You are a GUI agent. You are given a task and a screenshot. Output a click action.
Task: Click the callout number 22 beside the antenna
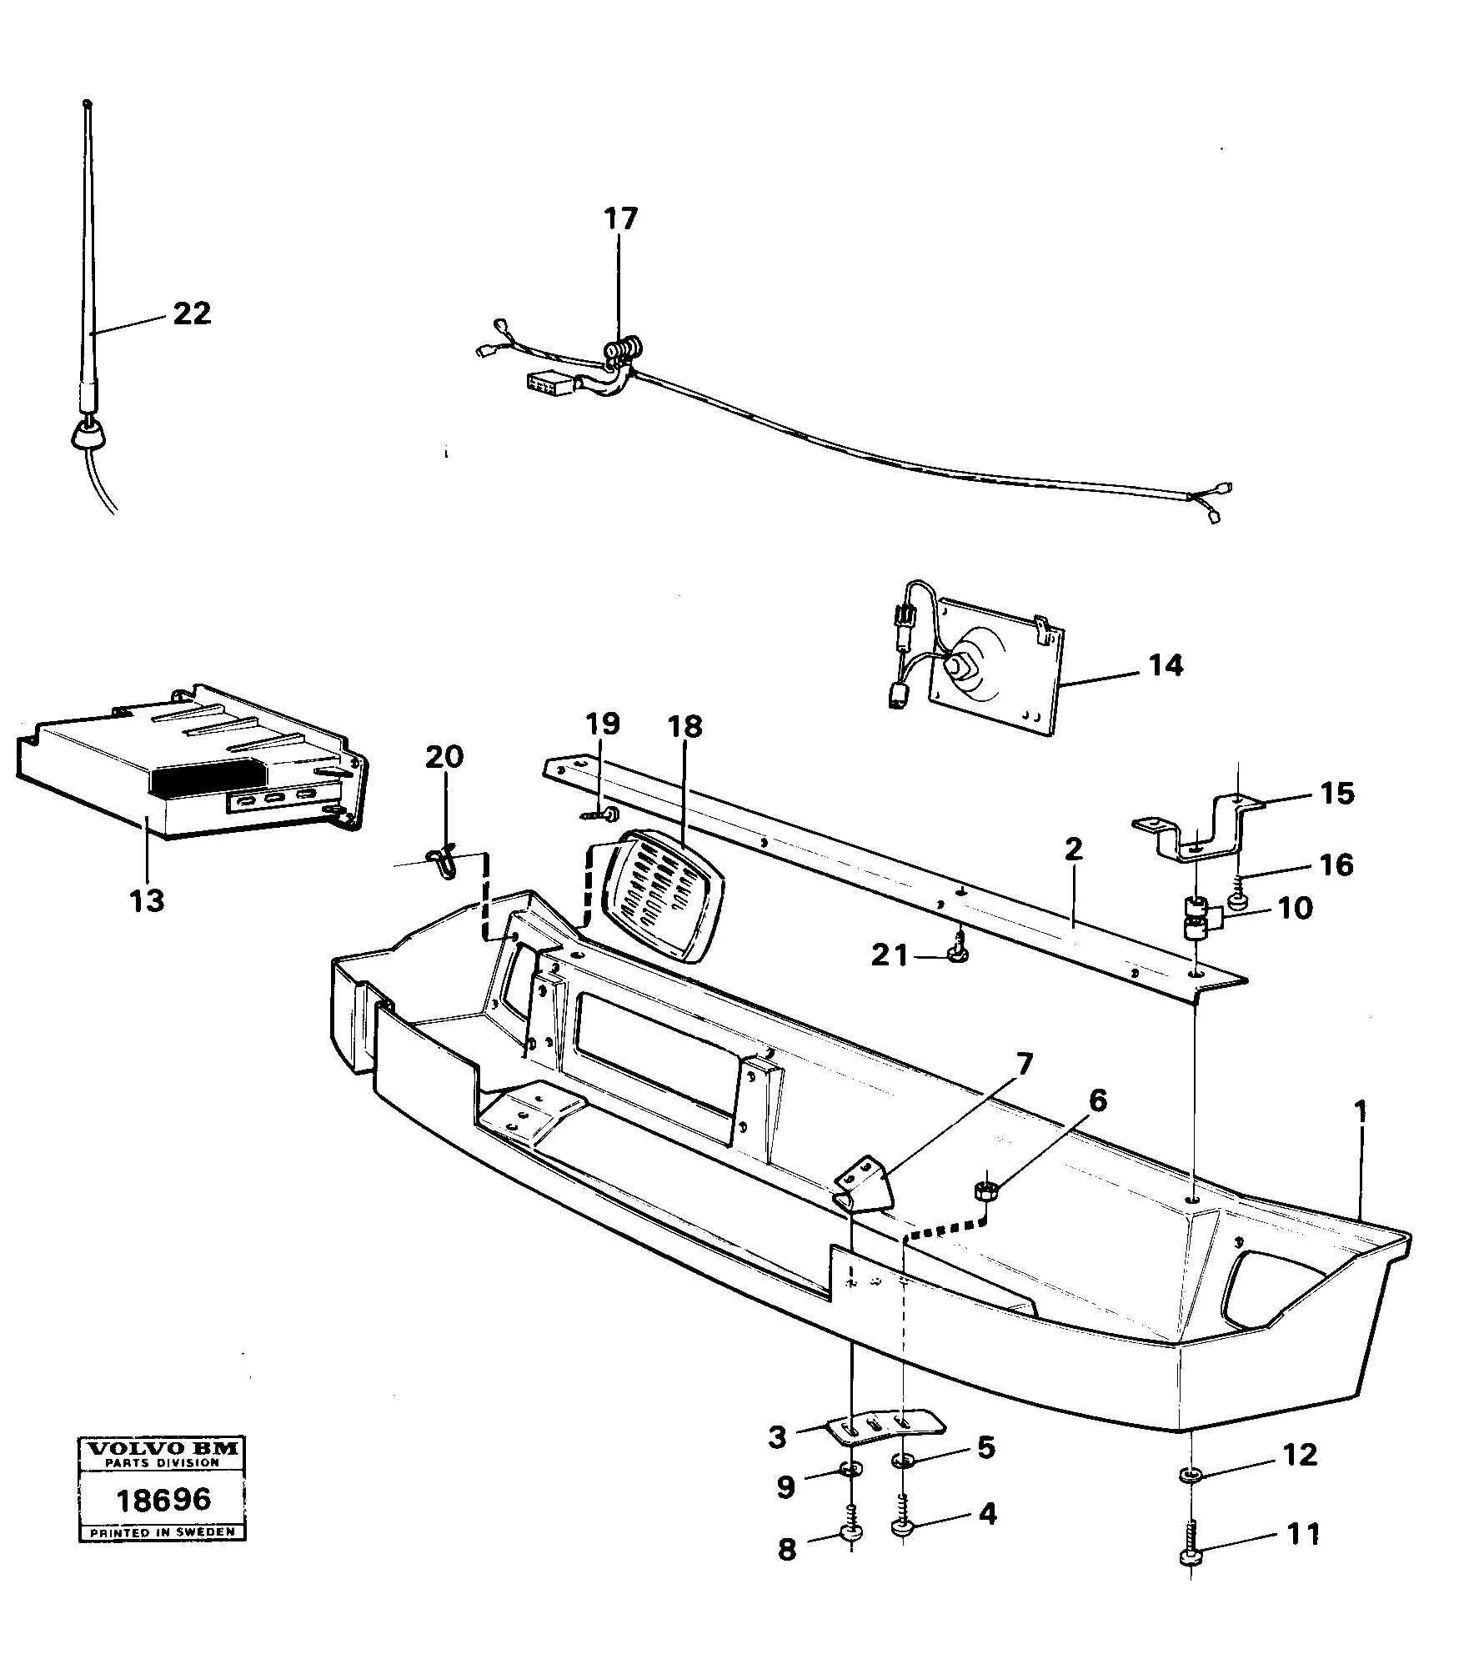192,313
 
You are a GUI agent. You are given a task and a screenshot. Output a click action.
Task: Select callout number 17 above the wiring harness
620,219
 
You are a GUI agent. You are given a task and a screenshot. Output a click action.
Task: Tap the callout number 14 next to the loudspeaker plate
1166,665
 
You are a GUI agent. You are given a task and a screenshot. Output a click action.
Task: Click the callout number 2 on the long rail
1073,850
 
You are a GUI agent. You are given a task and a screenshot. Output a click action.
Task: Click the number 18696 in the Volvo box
163,1501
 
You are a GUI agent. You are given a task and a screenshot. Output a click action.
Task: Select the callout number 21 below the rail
890,955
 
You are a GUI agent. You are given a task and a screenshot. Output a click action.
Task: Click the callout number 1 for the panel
1360,1112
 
